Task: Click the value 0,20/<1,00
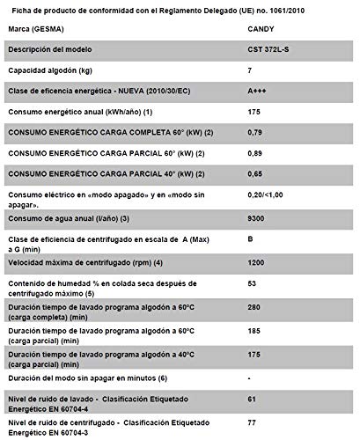(x=268, y=196)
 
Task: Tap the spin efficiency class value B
(x=252, y=238)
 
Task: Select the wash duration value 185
(x=255, y=334)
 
